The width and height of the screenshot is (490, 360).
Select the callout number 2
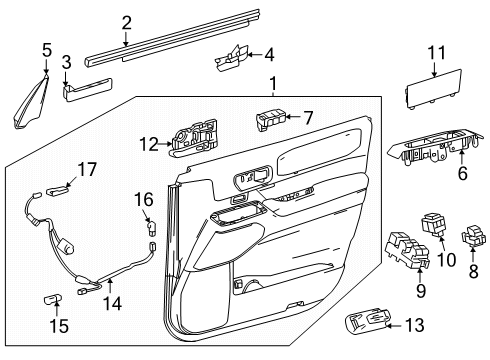pyautogui.click(x=126, y=22)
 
